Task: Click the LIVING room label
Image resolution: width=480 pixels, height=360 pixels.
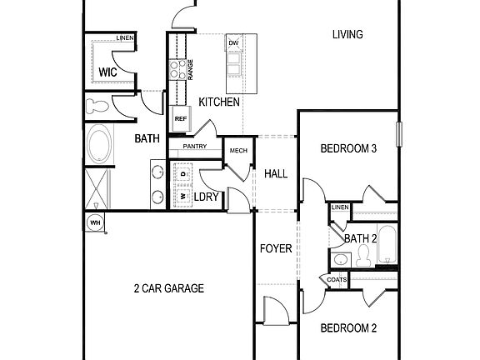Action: point(347,34)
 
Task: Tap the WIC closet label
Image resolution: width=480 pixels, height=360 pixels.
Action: point(107,72)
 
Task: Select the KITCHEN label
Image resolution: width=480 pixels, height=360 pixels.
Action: point(219,102)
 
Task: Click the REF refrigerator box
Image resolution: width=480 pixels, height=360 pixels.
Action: point(180,119)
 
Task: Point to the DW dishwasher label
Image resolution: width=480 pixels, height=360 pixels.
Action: point(233,42)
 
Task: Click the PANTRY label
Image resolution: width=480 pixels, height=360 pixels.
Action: point(194,147)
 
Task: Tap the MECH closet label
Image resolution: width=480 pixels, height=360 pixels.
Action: point(238,151)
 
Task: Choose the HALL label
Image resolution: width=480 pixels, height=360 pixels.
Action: point(276,173)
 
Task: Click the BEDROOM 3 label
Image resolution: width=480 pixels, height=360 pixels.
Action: point(349,149)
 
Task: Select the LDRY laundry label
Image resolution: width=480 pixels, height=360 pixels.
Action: point(206,197)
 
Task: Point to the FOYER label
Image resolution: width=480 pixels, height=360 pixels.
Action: point(275,247)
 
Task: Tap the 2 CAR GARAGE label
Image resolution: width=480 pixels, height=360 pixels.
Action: point(169,288)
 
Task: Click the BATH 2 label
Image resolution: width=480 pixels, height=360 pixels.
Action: point(361,239)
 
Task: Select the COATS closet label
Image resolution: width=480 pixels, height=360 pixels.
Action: point(337,280)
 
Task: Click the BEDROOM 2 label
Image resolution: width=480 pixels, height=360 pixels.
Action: point(349,327)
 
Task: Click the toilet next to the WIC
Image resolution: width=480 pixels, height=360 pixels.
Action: point(97,106)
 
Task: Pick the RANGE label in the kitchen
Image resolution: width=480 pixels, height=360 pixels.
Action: point(191,70)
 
